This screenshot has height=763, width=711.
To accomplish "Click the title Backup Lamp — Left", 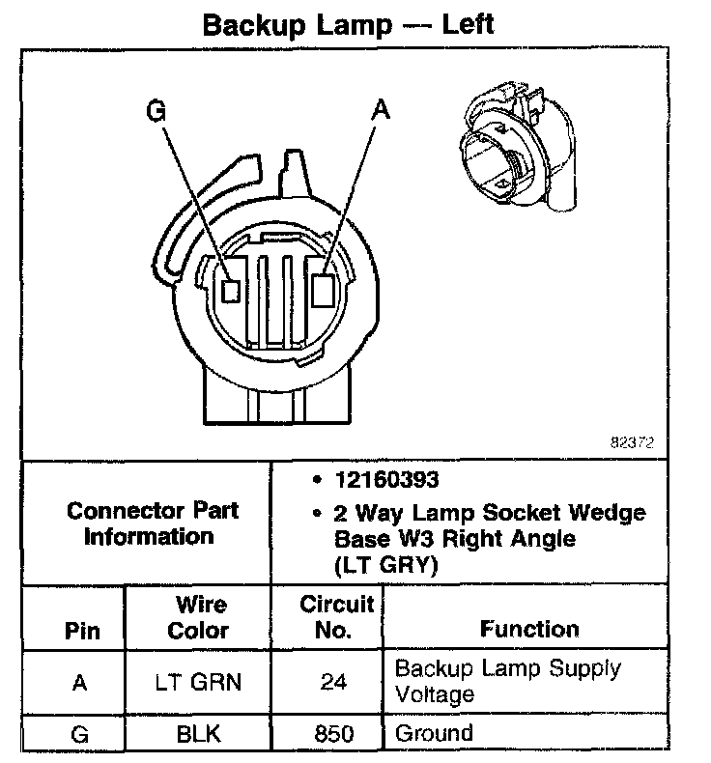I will click(347, 24).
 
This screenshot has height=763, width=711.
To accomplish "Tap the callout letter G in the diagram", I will click(156, 112).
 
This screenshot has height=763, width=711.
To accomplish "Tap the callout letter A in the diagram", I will click(381, 112).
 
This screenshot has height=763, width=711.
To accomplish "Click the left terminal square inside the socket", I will click(231, 288).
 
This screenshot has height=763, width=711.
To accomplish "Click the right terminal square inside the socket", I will click(325, 287).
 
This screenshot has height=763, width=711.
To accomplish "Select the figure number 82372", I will click(632, 443).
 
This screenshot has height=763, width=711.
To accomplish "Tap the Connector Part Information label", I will click(153, 523).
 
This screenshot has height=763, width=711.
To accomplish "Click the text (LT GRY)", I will click(385, 566).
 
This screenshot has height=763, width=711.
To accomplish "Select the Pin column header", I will click(81, 633).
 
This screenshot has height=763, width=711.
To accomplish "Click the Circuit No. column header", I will click(335, 618).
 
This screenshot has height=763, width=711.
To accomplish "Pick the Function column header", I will click(529, 630).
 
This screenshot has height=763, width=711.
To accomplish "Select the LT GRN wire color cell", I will click(198, 682).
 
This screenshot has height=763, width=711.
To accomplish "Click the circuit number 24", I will click(334, 682).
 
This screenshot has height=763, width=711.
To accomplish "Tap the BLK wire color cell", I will click(198, 734).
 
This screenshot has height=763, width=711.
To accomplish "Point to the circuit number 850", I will click(334, 734).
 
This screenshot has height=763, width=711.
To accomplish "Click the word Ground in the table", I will click(434, 733).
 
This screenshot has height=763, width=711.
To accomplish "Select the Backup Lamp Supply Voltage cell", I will click(507, 681).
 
